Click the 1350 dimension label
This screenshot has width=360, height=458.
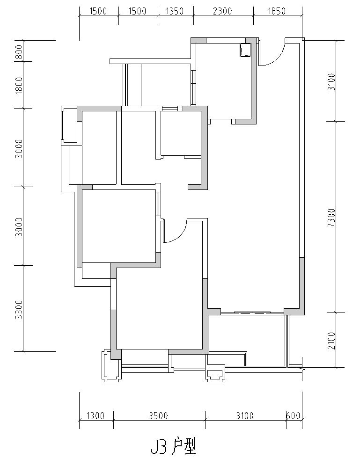click(175, 11)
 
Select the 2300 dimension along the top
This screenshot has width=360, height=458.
click(223, 11)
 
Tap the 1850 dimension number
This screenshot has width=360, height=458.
click(276, 11)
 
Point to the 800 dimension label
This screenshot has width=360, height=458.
click(19, 51)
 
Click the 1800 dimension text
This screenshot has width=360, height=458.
click(19, 85)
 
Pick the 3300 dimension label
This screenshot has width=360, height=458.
click(19, 309)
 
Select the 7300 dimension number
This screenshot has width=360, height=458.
click(331, 218)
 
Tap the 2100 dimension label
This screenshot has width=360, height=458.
click(331, 341)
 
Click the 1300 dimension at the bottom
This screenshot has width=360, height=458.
click(96, 415)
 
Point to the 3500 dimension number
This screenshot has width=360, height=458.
click(158, 415)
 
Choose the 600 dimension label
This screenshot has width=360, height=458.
click(294, 415)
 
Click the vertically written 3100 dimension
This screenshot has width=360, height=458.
click(331, 82)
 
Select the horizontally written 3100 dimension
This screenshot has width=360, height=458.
click(245, 415)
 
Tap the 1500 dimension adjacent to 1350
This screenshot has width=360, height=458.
click(137, 11)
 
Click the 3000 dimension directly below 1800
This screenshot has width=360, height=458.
click(19, 148)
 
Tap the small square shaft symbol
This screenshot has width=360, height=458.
click(245, 50)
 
